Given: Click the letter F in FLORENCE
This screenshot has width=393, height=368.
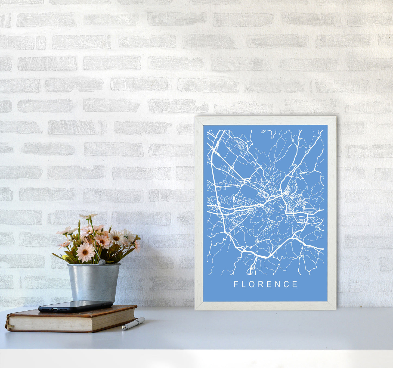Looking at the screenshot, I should point(236,284).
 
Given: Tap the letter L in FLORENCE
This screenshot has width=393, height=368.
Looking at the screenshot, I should point(244,284).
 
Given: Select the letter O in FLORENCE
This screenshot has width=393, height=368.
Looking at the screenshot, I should point(252,284).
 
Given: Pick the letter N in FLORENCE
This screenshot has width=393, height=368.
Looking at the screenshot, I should point(278,284).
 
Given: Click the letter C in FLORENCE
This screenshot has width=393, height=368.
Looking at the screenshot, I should point(286,284).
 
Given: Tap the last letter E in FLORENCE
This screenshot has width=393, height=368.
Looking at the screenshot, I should point(295,284).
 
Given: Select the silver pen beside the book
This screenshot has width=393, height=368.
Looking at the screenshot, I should point(133,323).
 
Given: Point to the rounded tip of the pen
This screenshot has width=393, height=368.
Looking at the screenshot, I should point(123,328).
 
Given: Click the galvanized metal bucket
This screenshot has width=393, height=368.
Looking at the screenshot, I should point(94,283).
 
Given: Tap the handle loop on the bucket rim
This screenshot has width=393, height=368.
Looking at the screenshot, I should point(101,262).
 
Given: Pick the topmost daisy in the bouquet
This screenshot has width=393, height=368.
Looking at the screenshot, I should point(88,216).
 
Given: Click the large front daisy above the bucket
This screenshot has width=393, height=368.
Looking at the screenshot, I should point(85,252).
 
